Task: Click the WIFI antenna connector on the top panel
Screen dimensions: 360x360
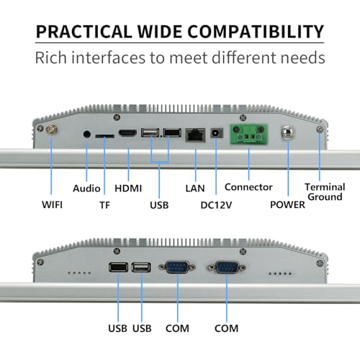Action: (51, 130)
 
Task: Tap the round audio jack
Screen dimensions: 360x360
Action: (87, 134)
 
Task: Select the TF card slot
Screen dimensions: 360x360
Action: (104, 136)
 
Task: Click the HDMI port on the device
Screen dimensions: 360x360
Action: (127, 133)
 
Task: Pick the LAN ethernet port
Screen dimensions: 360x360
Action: (195, 135)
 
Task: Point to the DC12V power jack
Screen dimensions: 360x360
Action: (217, 132)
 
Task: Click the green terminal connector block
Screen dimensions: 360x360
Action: (249, 134)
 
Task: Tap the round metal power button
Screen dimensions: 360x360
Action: (288, 132)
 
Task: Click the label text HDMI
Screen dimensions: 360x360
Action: (128, 189)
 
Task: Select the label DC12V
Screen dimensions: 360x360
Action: (216, 205)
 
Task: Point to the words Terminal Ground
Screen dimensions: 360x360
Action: (325, 192)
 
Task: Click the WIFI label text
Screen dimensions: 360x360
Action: (52, 204)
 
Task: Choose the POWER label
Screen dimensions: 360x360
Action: (287, 204)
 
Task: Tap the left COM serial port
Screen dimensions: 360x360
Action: (177, 267)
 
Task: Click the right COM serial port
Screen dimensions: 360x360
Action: (227, 267)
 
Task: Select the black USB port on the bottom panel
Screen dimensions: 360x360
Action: (118, 267)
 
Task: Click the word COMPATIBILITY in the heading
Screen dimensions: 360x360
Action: (256, 32)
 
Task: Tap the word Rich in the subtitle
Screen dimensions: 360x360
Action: (50, 58)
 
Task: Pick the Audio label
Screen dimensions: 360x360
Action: (86, 189)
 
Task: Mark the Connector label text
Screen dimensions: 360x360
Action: (248, 187)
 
